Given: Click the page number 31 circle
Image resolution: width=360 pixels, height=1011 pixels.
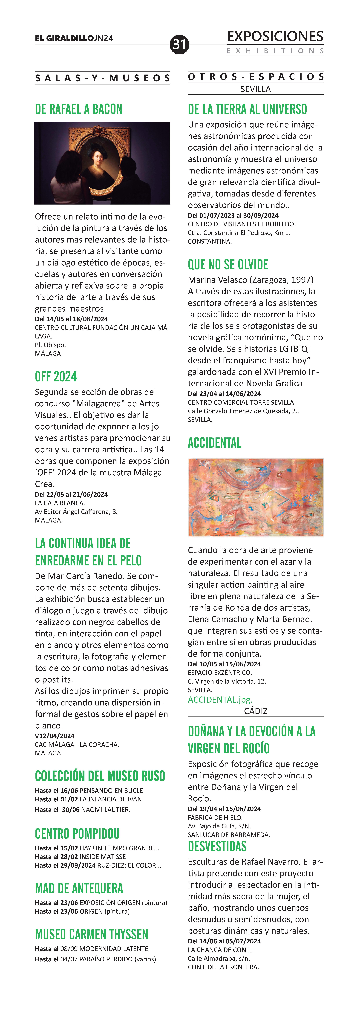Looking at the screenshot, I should click(x=179, y=44).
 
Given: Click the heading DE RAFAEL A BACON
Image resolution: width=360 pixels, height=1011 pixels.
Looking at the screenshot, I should click(x=78, y=109).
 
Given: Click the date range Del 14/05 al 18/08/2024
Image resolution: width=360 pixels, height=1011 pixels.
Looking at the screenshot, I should click(x=71, y=319).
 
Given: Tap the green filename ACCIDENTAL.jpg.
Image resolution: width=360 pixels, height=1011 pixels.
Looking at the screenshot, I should click(x=220, y=699).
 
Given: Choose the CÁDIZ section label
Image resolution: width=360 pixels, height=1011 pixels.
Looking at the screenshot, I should click(x=256, y=711).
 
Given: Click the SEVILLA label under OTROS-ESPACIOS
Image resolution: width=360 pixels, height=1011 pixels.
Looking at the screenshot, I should click(x=256, y=89).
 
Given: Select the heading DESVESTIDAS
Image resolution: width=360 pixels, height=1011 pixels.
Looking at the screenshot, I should click(x=217, y=847).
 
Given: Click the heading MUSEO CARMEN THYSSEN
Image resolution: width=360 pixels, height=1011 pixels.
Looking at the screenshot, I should click(x=92, y=934).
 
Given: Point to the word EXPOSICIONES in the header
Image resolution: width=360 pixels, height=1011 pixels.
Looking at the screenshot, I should click(x=275, y=37).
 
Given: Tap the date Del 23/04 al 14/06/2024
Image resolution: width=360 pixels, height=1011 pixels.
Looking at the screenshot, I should click(x=224, y=394).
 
